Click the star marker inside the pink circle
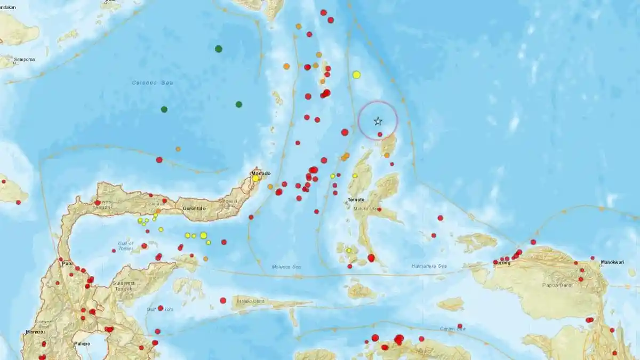[x=378, y=122]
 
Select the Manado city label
[x=261, y=173]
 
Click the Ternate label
[x=356, y=199]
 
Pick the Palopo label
[x=81, y=343]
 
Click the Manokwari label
[x=612, y=262]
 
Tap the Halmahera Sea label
[x=429, y=266]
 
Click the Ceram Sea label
[x=453, y=329]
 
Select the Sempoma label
[x=25, y=59]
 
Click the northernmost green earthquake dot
[x=219, y=49]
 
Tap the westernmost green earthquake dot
[x=164, y=109]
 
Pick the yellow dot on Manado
[x=256, y=179]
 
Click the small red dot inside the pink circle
[x=380, y=134]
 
